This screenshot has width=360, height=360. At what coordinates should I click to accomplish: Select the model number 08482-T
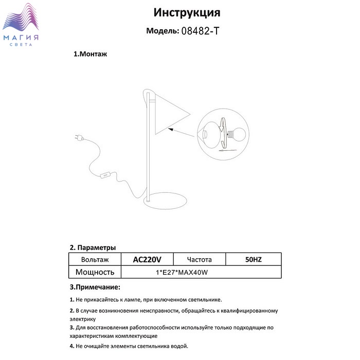point(201,31)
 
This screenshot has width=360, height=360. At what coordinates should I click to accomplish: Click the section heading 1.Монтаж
point(91,54)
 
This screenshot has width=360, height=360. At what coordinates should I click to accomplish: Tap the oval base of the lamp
point(165,202)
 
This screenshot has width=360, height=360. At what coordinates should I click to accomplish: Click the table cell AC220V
point(147,260)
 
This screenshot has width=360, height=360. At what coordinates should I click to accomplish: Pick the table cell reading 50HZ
point(254,260)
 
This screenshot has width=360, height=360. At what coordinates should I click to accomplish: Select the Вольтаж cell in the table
point(94,260)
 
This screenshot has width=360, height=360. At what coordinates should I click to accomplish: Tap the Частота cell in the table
point(200,260)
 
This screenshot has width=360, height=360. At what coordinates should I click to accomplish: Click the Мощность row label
point(94,272)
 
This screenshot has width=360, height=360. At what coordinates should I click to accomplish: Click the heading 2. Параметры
point(93,247)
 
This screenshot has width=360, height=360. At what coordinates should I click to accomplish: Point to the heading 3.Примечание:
point(95,286)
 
